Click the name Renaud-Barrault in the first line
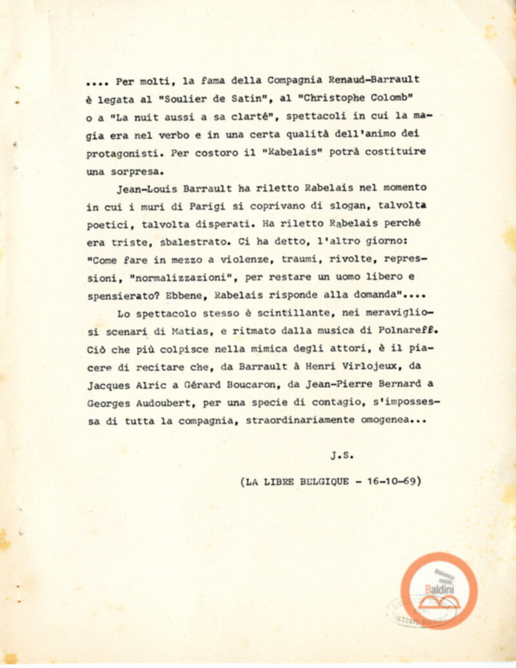[x=374, y=80]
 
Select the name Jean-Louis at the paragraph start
[x=144, y=190]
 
